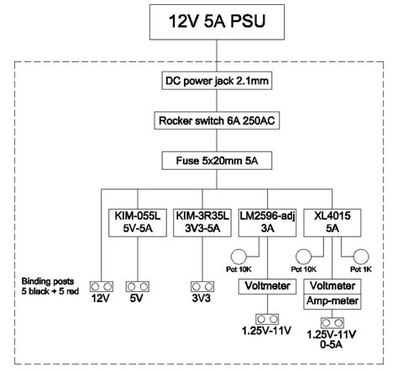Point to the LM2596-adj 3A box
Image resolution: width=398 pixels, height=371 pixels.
point(264,221)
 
